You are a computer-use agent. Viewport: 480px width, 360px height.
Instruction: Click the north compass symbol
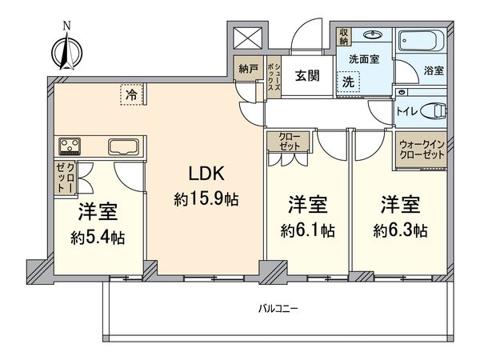click(65, 50)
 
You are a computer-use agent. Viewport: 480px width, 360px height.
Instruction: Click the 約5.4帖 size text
click(97, 238)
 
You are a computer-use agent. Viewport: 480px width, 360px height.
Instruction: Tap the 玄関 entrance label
click(307, 75)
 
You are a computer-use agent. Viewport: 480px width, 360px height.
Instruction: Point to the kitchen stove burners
click(70, 146)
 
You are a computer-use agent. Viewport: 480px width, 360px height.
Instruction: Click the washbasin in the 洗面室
click(373, 35)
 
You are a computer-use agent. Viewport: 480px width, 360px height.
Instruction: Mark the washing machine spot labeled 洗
click(349, 81)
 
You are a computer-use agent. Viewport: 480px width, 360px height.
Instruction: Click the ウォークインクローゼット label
click(422, 150)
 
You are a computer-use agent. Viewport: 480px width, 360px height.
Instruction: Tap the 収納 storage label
click(343, 36)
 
